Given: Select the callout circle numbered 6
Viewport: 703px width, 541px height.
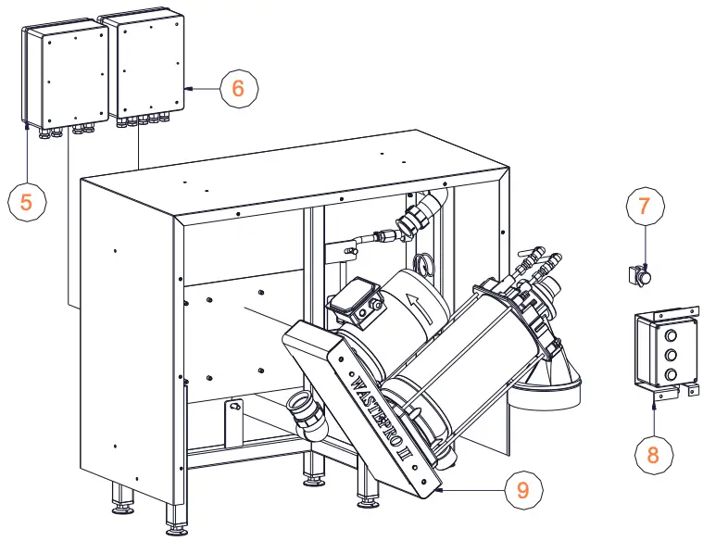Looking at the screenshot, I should point(238,89).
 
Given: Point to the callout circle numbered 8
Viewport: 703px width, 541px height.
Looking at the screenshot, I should point(654,454).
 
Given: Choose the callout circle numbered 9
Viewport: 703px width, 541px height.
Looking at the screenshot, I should point(523,489).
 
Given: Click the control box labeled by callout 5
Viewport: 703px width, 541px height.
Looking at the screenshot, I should point(65,76).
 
